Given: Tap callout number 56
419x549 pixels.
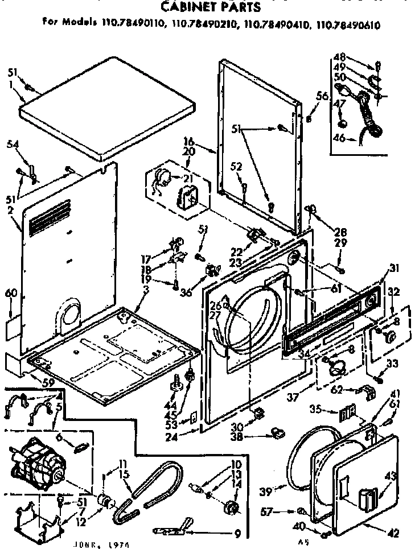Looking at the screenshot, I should point(322,97).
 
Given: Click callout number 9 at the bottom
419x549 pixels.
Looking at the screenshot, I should point(237,534).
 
